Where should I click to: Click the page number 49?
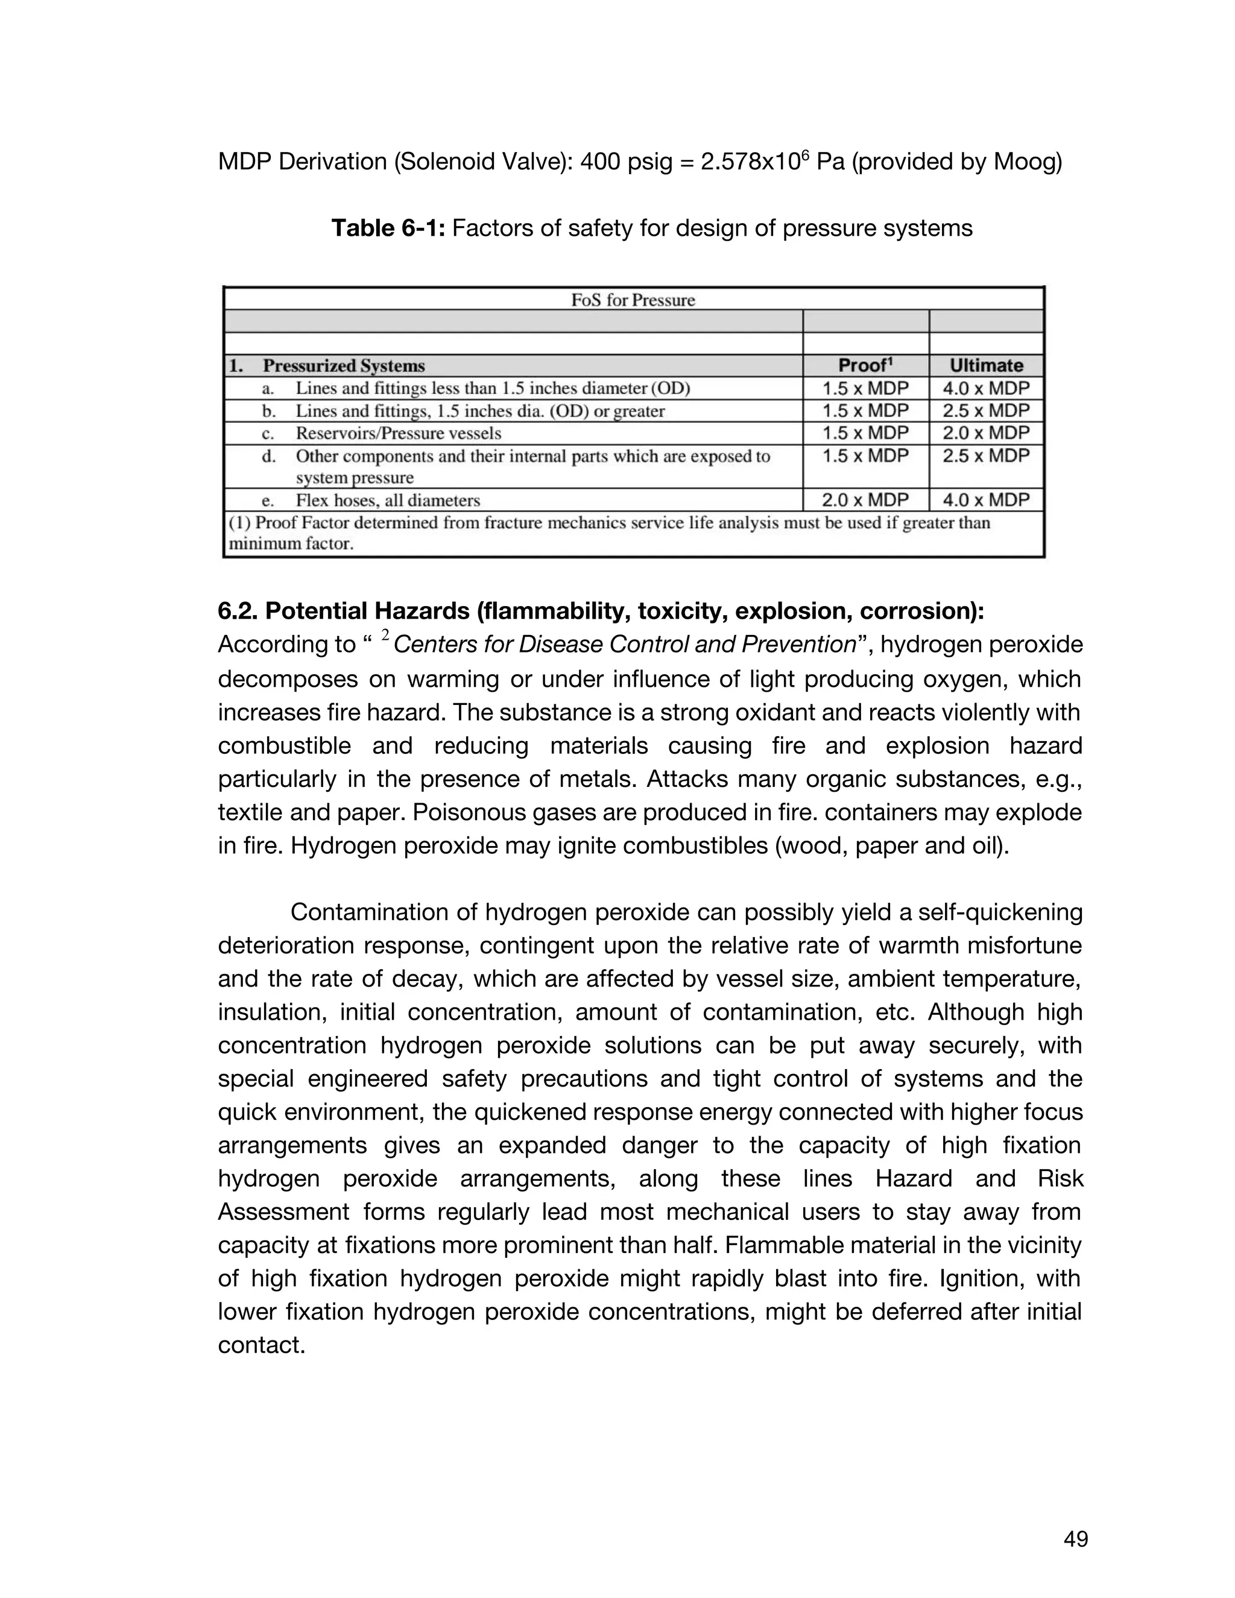tap(1076, 1540)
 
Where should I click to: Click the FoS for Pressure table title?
tap(633, 300)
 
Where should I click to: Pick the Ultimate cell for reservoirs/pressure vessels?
tap(986, 432)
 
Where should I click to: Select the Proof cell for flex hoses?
tap(865, 500)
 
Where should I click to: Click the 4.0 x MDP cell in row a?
tap(986, 388)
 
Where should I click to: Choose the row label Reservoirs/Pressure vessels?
tap(398, 433)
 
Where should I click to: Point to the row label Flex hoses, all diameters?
tap(388, 501)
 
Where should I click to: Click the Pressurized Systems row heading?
tap(343, 366)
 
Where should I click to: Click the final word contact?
tap(261, 1345)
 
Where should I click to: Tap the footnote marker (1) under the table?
tap(239, 523)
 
